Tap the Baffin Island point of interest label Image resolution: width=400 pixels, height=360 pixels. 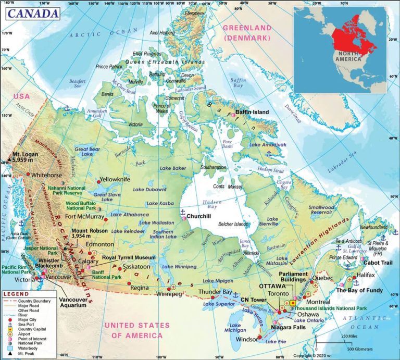252,112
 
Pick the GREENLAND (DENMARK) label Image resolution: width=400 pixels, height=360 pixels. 247,32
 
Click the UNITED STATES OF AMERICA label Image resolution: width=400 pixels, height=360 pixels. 137,330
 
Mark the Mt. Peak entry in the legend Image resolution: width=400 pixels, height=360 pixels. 27,354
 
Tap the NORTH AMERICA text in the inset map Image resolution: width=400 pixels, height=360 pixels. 348,56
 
